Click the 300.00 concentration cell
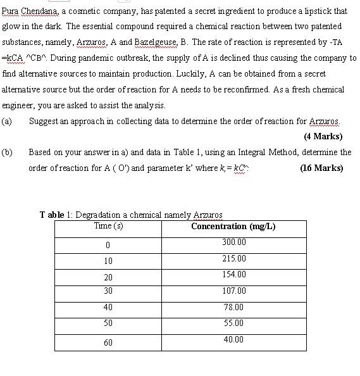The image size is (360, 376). pos(233,242)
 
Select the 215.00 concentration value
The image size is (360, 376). pos(233,259)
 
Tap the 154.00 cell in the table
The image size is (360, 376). pos(233,275)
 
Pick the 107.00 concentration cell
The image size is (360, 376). pos(233,291)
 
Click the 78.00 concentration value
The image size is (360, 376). pos(233,307)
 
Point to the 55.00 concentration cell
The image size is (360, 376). pos(233,323)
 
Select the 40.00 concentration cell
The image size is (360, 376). pos(233,340)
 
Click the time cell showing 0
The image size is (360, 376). pos(108,245)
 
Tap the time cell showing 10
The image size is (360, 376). pos(108,261)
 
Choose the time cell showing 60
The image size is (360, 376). pos(108,342)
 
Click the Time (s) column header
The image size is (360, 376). pos(108,226)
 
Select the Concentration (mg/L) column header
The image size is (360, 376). pos(233,227)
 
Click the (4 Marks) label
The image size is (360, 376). pos(323,136)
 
